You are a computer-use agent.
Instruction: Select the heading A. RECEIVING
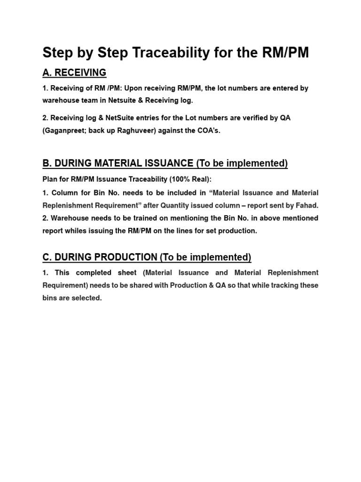(x=74, y=72)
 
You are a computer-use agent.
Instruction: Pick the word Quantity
(x=175, y=205)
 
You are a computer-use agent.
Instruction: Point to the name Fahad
(x=307, y=205)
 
